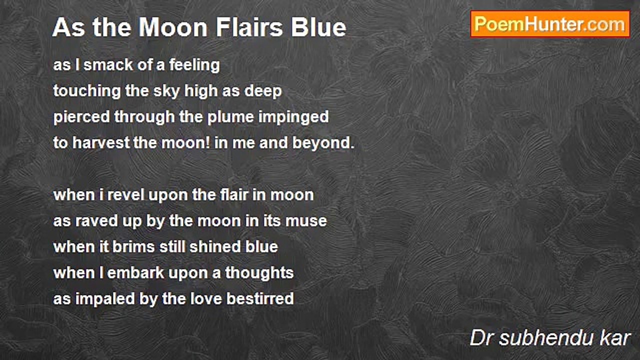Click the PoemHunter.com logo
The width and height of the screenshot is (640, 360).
550,24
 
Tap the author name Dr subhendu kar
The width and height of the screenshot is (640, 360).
550,338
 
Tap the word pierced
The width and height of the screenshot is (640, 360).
81,117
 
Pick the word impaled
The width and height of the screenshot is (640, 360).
102,298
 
